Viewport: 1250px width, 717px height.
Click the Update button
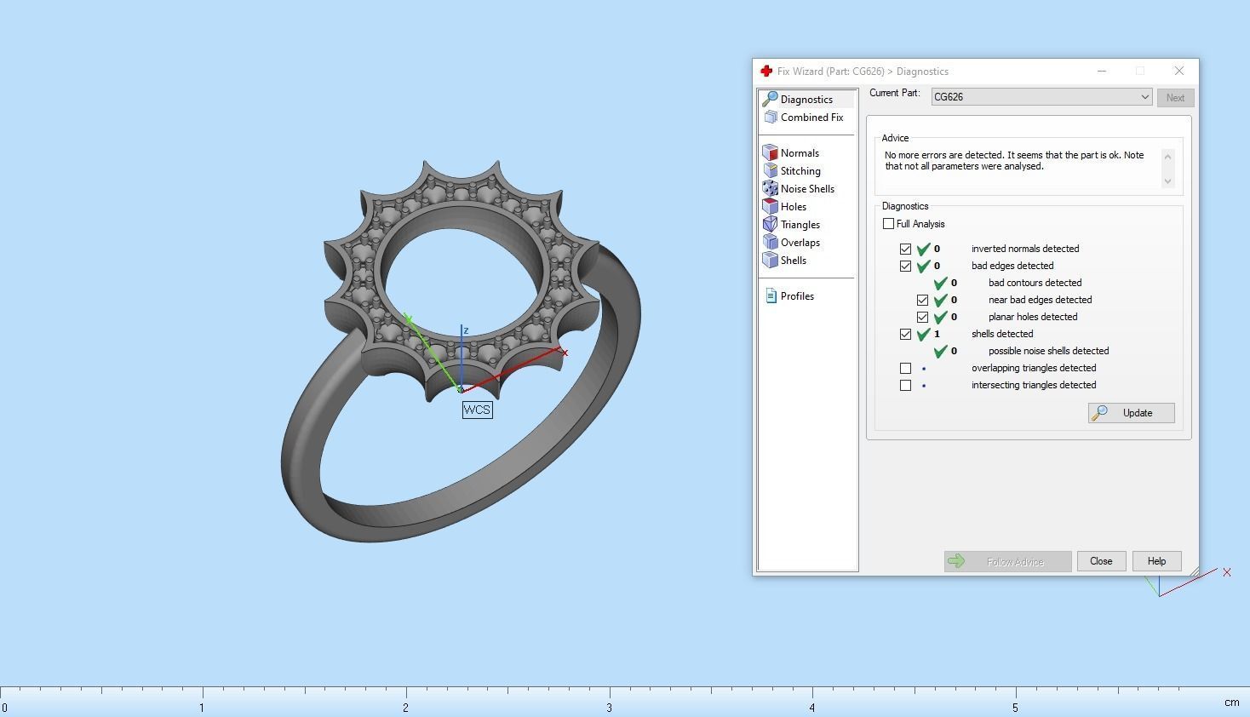pos(1131,413)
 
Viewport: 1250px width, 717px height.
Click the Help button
pos(1155,561)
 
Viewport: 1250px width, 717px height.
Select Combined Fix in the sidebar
pos(811,118)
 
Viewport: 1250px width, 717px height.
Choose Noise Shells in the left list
pos(806,189)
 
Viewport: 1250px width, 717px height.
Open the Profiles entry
pos(796,296)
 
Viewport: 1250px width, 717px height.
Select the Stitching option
pos(800,171)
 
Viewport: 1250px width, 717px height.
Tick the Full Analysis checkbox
pos(889,224)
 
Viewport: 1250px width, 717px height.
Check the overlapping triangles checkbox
pos(906,369)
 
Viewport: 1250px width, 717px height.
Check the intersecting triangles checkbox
pos(906,386)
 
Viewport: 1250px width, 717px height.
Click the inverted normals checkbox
pos(906,250)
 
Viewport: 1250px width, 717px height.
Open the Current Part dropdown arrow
pos(1144,97)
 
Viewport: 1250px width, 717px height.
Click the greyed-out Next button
pos(1175,98)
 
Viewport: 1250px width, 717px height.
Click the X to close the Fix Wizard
pos(1178,71)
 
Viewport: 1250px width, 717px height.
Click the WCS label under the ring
pos(477,410)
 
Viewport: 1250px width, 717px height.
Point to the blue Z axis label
pos(466,330)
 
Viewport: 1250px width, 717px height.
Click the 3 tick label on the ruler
pos(610,708)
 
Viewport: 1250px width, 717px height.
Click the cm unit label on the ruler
pos(1231,703)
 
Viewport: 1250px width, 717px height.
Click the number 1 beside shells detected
pos(937,334)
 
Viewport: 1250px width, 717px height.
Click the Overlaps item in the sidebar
pos(800,243)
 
